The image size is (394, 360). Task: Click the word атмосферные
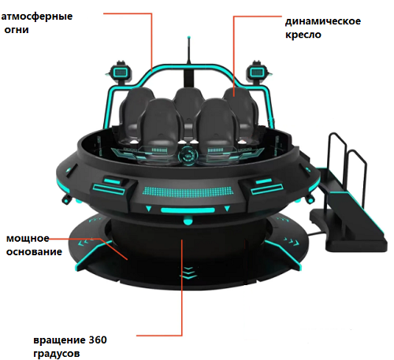click(x=37, y=17)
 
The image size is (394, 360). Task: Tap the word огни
click(x=17, y=30)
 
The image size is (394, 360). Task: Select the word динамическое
click(x=323, y=21)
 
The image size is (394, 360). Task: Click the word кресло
click(x=303, y=35)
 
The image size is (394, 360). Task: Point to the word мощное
click(x=28, y=239)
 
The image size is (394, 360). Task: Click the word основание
click(x=34, y=252)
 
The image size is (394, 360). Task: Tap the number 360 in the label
click(x=98, y=340)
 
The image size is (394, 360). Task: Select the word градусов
click(x=57, y=354)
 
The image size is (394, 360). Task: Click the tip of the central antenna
click(x=188, y=38)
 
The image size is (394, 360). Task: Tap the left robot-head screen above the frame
click(x=121, y=72)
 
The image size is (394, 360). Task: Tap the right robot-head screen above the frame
click(x=256, y=72)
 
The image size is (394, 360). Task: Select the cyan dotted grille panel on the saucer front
click(x=188, y=191)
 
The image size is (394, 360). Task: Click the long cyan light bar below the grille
click(x=188, y=210)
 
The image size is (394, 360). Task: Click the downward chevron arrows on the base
click(x=188, y=273)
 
